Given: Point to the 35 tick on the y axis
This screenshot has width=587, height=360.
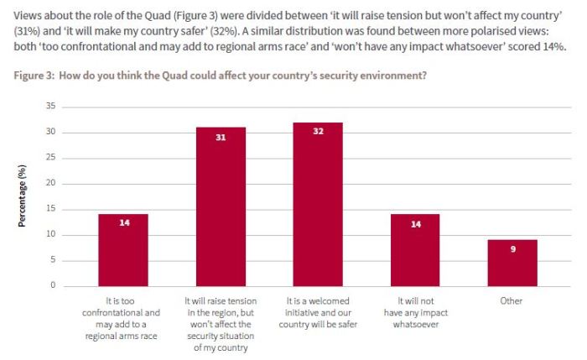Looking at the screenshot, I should click(x=51, y=107).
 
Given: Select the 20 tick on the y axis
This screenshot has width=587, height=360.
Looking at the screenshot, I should click(x=51, y=183).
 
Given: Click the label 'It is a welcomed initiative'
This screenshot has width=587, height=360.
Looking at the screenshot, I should click(x=318, y=306).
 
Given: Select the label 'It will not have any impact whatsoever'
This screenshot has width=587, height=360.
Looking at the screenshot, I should click(x=414, y=306).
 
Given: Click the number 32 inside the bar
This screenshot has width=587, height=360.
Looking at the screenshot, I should click(x=318, y=131).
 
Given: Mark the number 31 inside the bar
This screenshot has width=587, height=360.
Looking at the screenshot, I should click(x=221, y=136).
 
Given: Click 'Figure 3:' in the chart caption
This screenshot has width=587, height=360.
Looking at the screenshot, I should click(x=37, y=76).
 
